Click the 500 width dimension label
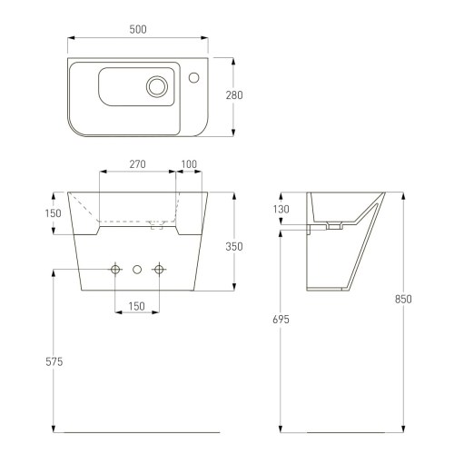137,29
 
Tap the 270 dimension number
137,164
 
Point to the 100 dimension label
189,164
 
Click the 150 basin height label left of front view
54,213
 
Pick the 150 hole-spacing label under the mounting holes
137,306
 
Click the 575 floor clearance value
54,362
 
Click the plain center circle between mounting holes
137,269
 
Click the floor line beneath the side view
340,430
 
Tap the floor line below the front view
136,430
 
